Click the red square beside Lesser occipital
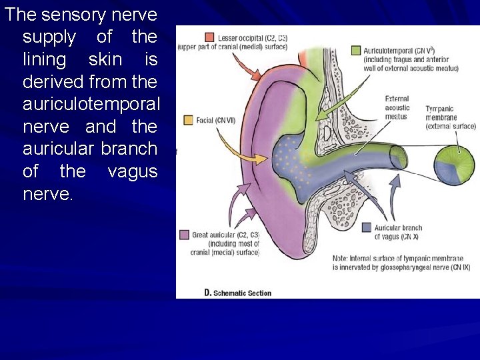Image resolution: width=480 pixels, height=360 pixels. pyautogui.click(x=209, y=37)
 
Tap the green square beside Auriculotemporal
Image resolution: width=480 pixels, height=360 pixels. pyautogui.click(x=357, y=50)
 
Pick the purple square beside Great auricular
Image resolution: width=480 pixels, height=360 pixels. pyautogui.click(x=185, y=235)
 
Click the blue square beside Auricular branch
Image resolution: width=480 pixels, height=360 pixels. pyautogui.click(x=366, y=228)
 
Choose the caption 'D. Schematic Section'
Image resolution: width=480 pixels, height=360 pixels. pyautogui.click(x=237, y=293)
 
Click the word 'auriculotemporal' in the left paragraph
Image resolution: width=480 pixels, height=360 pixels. pyautogui.click(x=91, y=104)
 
